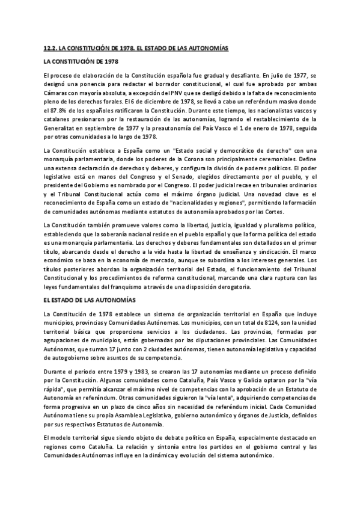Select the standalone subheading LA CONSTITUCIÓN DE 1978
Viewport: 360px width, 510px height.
coord(81,61)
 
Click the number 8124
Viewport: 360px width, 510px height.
coord(236,323)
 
